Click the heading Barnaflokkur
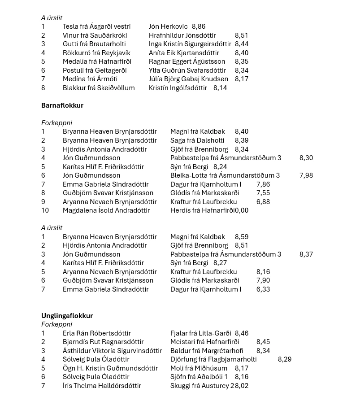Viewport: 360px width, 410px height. pyautogui.click(x=62, y=105)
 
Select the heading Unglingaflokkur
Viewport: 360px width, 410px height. pyautogui.click(x=67, y=316)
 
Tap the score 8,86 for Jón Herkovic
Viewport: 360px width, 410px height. pyautogui.click(x=199, y=26)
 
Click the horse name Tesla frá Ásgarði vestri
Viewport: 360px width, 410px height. pyautogui.click(x=96, y=26)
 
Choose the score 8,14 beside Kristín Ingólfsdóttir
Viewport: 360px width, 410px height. pyautogui.click(x=220, y=88)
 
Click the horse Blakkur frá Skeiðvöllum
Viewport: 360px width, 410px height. pyautogui.click(x=99, y=88)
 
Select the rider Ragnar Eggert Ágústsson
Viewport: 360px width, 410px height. pyautogui.click(x=187, y=61)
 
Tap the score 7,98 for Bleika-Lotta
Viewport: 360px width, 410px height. pyautogui.click(x=306, y=175)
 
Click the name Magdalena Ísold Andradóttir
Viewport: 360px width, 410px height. pyautogui.click(x=106, y=210)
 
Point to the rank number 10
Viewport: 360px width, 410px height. pyautogui.click(x=45, y=210)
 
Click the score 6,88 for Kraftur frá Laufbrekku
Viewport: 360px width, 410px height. pyautogui.click(x=263, y=202)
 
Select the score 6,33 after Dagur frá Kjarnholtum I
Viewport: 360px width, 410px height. pyautogui.click(x=263, y=289)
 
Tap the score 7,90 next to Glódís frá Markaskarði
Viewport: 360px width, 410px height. pyautogui.click(x=263, y=280)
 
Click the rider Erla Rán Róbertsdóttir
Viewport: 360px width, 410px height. pyautogui.click(x=97, y=333)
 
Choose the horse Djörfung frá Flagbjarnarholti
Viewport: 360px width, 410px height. pyautogui.click(x=213, y=359)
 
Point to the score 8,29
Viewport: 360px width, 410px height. pyautogui.click(x=285, y=359)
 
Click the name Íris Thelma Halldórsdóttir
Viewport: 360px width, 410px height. pyautogui.click(x=102, y=386)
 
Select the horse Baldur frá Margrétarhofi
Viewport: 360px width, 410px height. pyautogui.click(x=207, y=351)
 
